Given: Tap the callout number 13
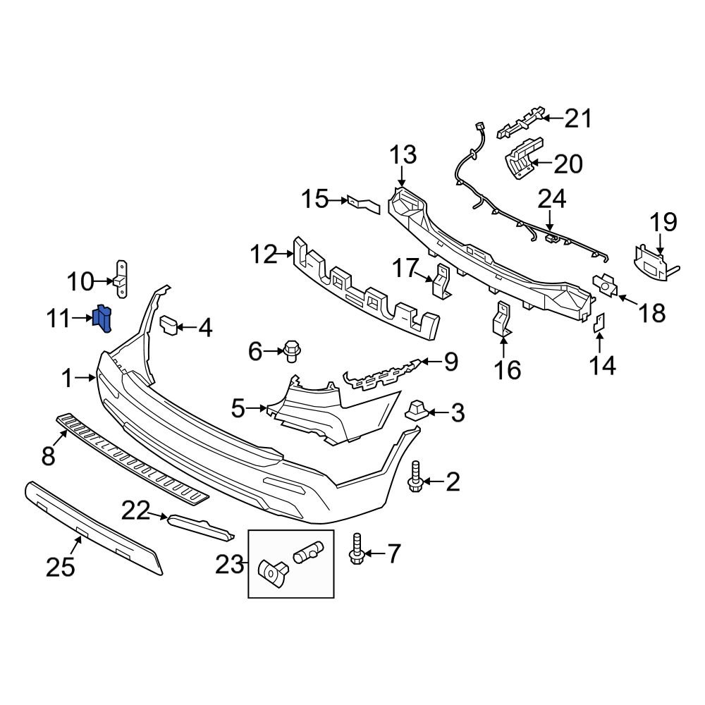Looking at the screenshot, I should coord(403,155).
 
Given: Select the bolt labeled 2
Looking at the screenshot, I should coord(415,476).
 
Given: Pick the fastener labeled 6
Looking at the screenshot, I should coord(290,350).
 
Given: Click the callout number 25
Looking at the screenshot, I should coord(60,566).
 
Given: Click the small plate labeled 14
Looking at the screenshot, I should coord(599,323).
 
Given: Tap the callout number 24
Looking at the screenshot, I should coord(552,200).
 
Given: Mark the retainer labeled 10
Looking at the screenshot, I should coord(122,281).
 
